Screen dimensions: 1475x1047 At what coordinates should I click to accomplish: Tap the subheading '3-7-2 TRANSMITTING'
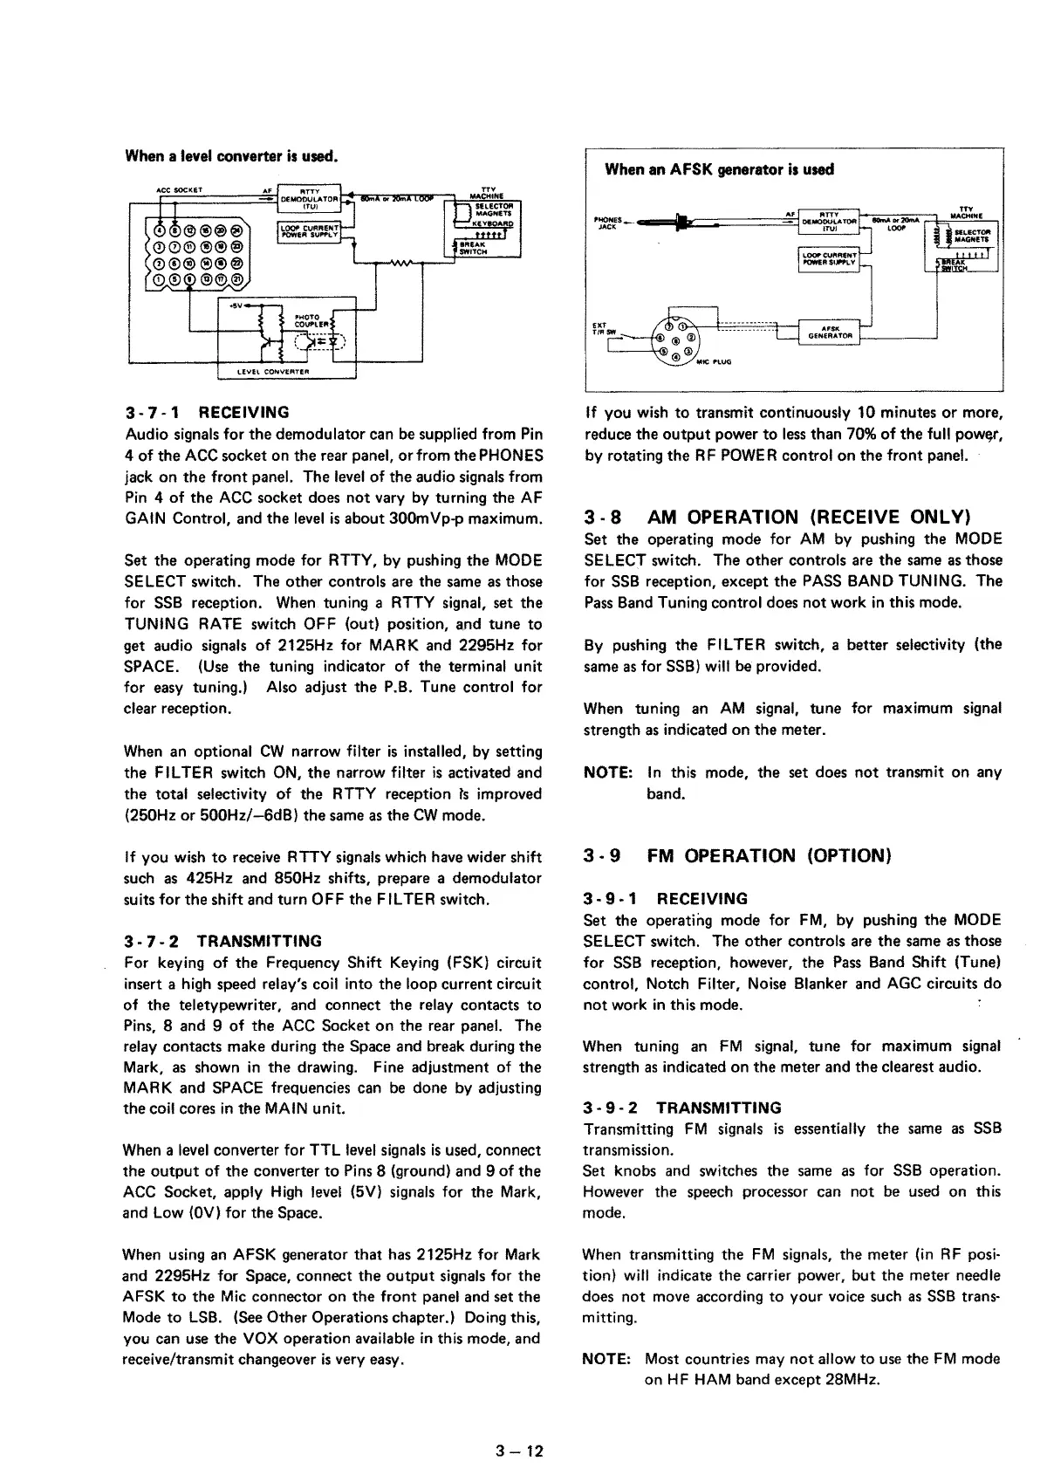pyautogui.click(x=222, y=941)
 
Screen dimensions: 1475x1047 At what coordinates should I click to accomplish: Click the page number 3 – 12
pyautogui.click(x=519, y=1451)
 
